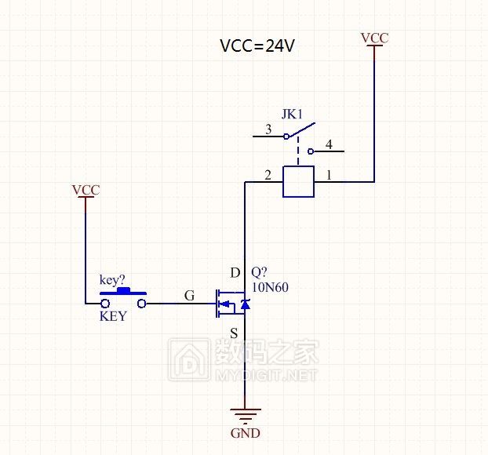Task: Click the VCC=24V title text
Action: [257, 46]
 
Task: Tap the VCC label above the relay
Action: [373, 38]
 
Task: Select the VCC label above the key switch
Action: [86, 190]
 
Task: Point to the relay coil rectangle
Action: [298, 181]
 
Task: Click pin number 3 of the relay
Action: [268, 129]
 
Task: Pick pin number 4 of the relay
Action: [328, 144]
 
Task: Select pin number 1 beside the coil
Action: [328, 176]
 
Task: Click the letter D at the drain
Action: [235, 273]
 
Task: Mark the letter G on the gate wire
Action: [188, 295]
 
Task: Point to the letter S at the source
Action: [234, 333]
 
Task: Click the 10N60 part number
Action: [270, 287]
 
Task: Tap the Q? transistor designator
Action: [259, 273]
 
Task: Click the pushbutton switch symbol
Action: [122, 300]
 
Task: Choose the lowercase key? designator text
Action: [112, 279]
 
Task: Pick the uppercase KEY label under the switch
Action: [112, 317]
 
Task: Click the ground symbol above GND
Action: [246, 416]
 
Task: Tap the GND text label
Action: [246, 433]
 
